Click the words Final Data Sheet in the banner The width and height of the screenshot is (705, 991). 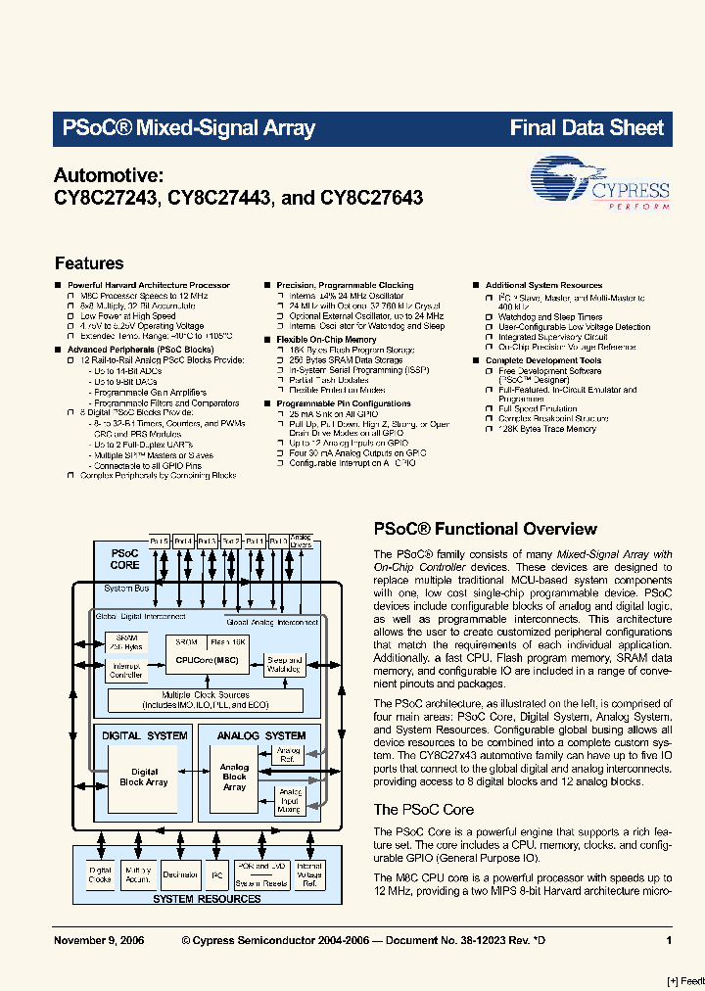[x=587, y=127]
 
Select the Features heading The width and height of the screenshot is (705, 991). [x=89, y=263]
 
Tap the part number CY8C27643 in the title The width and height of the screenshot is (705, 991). [x=371, y=197]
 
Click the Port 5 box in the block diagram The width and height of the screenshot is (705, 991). [x=160, y=541]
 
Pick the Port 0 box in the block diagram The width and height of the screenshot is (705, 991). [x=277, y=541]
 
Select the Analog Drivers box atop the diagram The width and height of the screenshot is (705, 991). [x=302, y=541]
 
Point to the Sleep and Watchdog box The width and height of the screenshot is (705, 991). [x=285, y=665]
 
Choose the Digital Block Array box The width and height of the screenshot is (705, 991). [x=143, y=778]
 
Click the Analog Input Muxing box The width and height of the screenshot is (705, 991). [x=291, y=801]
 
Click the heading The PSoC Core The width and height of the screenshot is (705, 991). [x=423, y=810]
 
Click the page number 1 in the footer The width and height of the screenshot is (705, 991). [x=669, y=940]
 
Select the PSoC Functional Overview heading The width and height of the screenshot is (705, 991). [x=486, y=529]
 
